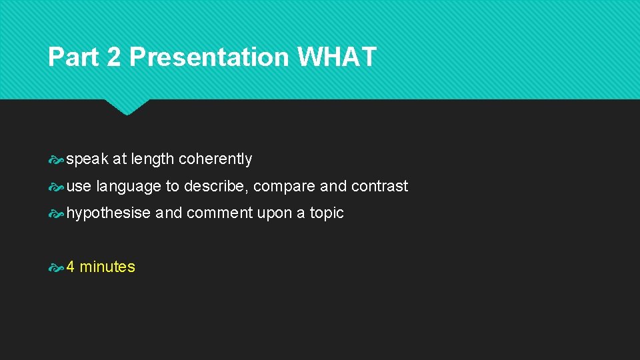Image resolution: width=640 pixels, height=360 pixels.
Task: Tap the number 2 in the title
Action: point(113,57)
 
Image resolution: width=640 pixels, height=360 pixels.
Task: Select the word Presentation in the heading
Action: point(209,57)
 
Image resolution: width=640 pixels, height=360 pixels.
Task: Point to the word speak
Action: point(87,159)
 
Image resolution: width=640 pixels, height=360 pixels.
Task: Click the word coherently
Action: point(215,159)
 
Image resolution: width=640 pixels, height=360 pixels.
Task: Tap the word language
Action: point(129,187)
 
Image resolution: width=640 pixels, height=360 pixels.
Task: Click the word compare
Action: point(285,187)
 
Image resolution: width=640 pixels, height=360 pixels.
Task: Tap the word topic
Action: point(327,213)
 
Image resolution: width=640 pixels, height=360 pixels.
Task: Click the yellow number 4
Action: point(71,267)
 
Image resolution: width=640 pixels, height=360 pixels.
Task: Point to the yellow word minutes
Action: point(107,267)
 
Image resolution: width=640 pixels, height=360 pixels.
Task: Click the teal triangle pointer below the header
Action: point(127,106)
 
